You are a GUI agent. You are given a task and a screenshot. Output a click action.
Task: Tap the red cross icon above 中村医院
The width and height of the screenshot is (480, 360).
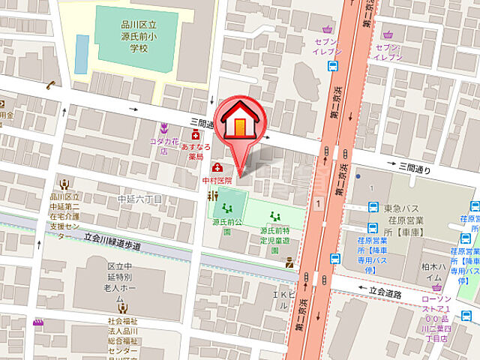coord(217,167)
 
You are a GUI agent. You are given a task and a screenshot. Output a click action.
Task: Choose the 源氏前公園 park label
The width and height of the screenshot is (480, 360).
coord(227,226)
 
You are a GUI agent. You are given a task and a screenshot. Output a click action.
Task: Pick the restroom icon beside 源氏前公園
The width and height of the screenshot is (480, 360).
coord(212,196)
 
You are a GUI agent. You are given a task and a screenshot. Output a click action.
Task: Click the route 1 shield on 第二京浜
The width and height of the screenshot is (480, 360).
coord(319,202)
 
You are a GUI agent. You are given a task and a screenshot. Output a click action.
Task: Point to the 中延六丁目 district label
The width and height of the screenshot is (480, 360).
coord(139,199)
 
